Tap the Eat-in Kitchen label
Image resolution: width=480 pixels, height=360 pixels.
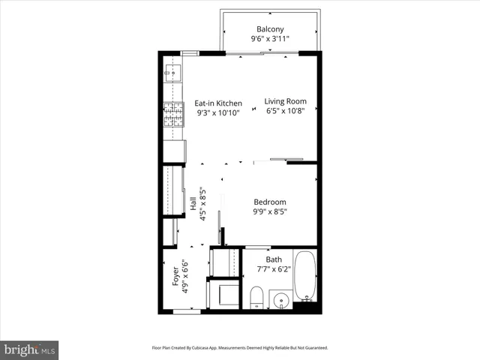click(x=218, y=103)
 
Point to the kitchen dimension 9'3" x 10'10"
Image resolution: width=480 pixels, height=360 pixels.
click(x=218, y=114)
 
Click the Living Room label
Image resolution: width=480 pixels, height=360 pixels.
click(x=285, y=101)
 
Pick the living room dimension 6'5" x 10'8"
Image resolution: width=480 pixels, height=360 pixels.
click(x=285, y=112)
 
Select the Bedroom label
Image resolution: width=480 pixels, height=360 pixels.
click(x=270, y=202)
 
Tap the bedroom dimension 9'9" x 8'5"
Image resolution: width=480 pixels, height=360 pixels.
click(x=270, y=212)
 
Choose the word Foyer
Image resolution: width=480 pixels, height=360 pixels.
click(x=176, y=277)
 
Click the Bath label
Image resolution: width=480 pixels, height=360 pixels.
click(x=273, y=261)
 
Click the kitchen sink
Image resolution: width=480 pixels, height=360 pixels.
click(x=172, y=72)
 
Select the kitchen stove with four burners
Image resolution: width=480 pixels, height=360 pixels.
click(x=173, y=116)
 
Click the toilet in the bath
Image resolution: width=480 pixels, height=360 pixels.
click(x=256, y=296)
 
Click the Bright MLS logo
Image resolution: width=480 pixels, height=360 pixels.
click(x=29, y=349)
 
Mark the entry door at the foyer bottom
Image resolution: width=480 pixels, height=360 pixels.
click(x=187, y=310)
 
